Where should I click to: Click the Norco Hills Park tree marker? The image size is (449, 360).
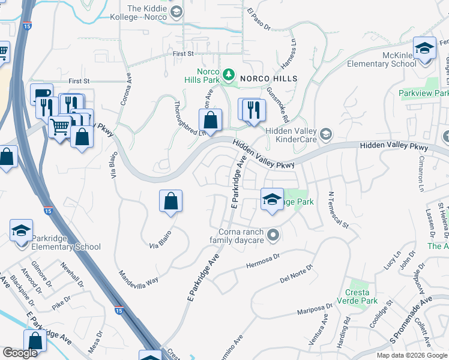click(228, 75)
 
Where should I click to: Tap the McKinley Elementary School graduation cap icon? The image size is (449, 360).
click(424, 48)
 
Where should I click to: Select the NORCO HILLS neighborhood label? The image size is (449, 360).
click(268, 79)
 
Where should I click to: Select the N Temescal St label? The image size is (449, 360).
click(338, 210)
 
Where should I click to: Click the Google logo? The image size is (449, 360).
click(20, 353)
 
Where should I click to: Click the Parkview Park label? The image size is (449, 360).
click(424, 93)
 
